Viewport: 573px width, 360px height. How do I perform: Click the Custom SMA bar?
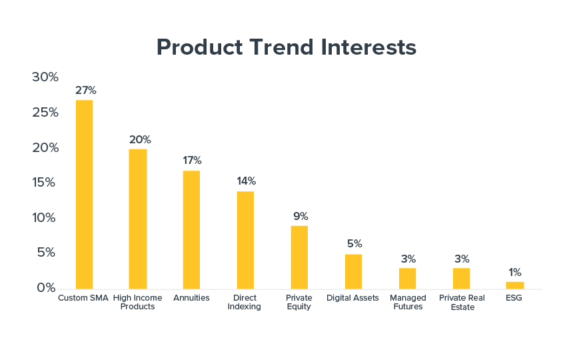pos(84,195)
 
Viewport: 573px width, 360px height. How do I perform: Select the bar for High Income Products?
pos(138,219)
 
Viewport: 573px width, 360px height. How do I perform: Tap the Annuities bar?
pos(191,230)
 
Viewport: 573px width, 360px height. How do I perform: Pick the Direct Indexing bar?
pos(245,240)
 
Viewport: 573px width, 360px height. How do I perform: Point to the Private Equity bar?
pos(299,257)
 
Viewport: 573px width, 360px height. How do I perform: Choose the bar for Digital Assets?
pos(353,271)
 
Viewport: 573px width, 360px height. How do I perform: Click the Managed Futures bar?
pos(408,279)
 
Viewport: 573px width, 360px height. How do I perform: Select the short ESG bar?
pos(515,285)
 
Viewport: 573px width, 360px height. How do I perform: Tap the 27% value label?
pos(86,90)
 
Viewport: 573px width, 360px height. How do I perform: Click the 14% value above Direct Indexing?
pos(247,181)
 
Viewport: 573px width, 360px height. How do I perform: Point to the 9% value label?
pos(300,217)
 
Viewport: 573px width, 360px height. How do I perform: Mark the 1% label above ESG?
pos(515,272)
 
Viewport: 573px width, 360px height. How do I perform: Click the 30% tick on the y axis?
pos(45,77)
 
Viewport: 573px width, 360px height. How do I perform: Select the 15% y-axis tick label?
pos(44,183)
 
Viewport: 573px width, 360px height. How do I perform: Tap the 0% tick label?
pos(46,287)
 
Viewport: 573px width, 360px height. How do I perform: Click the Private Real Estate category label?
pos(462,302)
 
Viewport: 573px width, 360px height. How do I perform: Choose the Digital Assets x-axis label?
pos(352,298)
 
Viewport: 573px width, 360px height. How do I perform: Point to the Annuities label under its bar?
pos(191,298)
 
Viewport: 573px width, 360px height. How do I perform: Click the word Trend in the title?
pos(282,47)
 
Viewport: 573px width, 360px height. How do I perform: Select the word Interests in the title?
pos(368,47)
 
